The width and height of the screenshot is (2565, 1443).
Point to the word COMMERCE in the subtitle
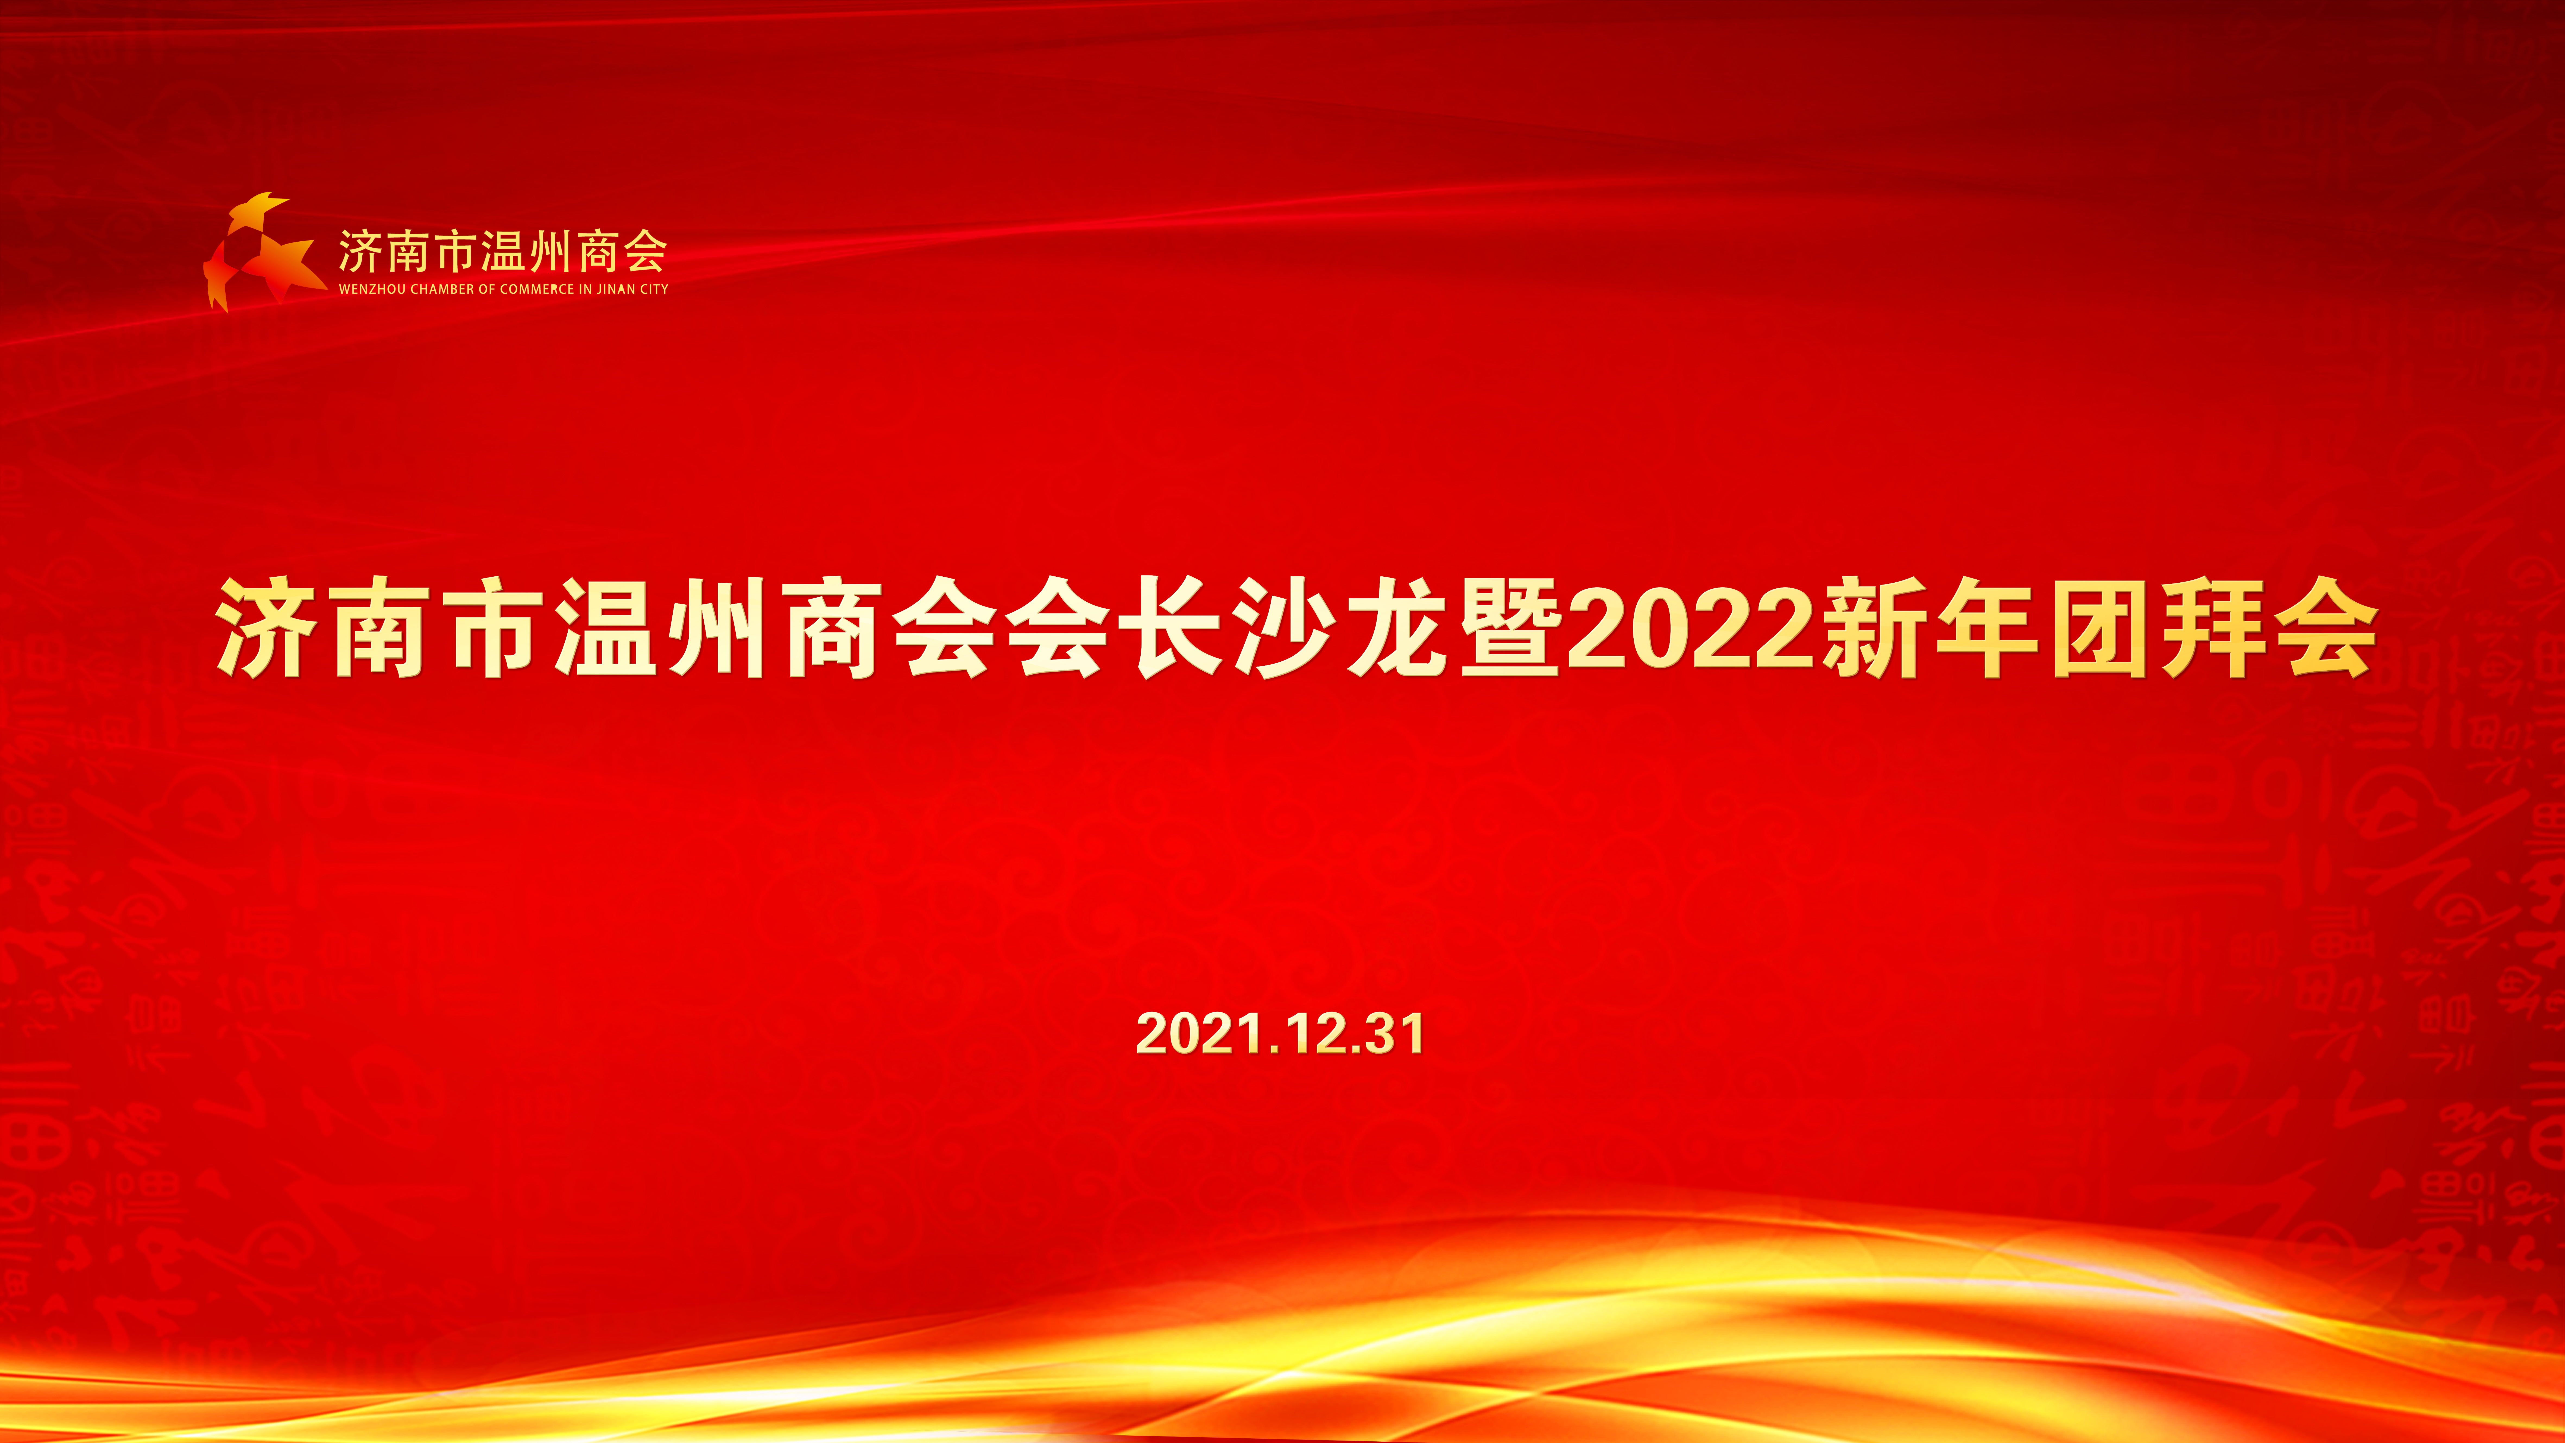(537, 289)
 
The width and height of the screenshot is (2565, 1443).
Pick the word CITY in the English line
(654, 289)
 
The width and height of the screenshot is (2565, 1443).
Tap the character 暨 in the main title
(1510, 627)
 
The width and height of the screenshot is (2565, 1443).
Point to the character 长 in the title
(1171, 627)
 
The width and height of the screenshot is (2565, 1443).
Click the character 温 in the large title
(605, 627)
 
